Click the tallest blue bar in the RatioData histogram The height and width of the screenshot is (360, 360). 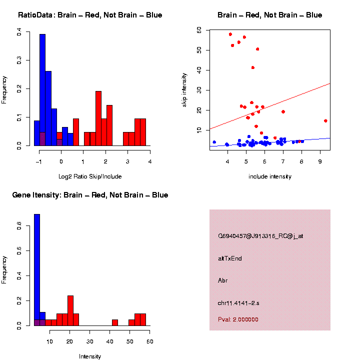(x=42, y=90)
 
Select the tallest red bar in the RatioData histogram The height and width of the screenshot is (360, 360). (x=98, y=118)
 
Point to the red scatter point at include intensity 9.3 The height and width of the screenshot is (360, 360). (x=325, y=120)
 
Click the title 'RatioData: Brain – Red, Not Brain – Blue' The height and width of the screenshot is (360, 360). (x=90, y=15)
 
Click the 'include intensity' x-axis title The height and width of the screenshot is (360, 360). (x=269, y=176)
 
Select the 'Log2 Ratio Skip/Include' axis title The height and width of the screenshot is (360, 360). (x=89, y=176)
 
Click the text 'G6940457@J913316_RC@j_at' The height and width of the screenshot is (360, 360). (x=260, y=236)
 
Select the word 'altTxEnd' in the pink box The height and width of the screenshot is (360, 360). (x=230, y=258)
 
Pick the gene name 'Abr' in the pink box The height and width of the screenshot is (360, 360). (x=223, y=280)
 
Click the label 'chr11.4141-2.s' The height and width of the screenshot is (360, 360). (x=238, y=303)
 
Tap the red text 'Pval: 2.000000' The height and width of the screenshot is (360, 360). (x=238, y=319)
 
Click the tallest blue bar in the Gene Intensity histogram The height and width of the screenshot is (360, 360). (x=36, y=270)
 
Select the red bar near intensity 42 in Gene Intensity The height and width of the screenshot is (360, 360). (x=115, y=322)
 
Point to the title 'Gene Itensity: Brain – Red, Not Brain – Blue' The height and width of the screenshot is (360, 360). (x=90, y=195)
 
